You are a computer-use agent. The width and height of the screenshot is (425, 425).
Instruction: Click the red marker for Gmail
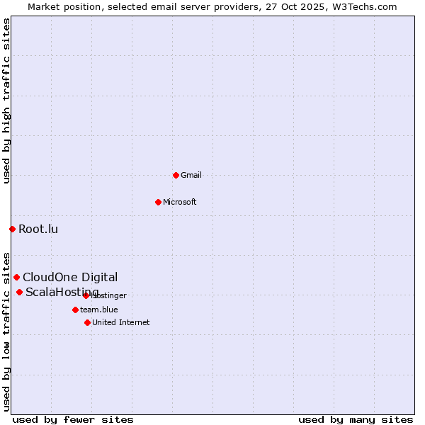coord(176,175)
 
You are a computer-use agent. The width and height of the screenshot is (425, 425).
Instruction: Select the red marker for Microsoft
coord(158,202)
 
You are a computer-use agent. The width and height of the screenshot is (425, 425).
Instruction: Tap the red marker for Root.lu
coord(12,229)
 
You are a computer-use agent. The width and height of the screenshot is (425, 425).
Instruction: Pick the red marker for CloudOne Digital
coord(16,277)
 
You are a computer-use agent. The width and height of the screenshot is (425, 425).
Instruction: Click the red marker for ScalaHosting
coord(19,292)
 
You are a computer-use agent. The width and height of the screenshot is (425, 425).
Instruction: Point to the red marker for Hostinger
coord(86,295)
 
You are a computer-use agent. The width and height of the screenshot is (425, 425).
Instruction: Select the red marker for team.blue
coord(75,310)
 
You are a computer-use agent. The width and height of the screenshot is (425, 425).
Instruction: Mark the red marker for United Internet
coord(87,322)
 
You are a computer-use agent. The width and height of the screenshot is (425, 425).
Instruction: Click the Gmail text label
coord(191,176)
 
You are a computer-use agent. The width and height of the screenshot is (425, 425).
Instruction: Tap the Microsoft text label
coord(180,203)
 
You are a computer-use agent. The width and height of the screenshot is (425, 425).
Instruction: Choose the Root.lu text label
coord(38,229)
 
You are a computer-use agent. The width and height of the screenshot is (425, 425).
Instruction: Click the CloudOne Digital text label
coord(70,277)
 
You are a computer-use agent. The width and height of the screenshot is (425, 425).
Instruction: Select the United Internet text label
coord(121,323)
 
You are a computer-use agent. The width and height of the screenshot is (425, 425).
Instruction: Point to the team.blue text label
coord(99,310)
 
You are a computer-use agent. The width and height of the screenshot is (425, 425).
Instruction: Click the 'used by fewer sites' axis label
coord(73,419)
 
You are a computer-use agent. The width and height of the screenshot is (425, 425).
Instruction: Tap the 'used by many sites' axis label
coord(356,419)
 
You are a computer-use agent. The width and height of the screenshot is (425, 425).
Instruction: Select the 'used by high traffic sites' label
coord(6,101)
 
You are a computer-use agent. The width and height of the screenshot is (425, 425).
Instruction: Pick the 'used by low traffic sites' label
coord(6,331)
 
